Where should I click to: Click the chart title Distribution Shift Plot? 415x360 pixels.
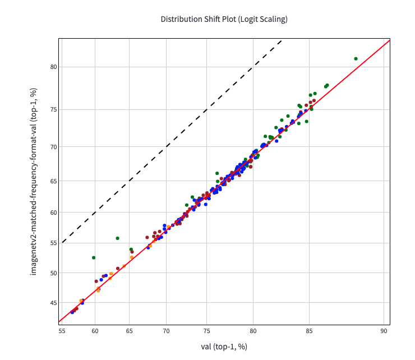coord(224,19)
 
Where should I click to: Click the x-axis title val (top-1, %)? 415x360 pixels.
coord(224,347)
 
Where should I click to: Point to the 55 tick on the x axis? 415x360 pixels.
coord(62,331)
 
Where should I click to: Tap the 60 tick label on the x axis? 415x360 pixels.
coord(94,331)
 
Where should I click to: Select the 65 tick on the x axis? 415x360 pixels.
coord(130,331)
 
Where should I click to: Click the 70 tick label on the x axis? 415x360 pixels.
coord(167,331)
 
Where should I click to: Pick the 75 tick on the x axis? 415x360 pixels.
coord(207,331)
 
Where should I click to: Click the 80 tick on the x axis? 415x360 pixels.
coord(253,331)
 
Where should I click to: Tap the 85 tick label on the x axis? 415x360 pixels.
coord(309,331)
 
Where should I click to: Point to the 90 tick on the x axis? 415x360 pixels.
coord(384,331)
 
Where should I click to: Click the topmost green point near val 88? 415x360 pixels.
coord(356,58)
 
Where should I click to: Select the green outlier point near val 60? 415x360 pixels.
coord(94,257)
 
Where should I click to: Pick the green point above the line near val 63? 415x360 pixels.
coord(117,238)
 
